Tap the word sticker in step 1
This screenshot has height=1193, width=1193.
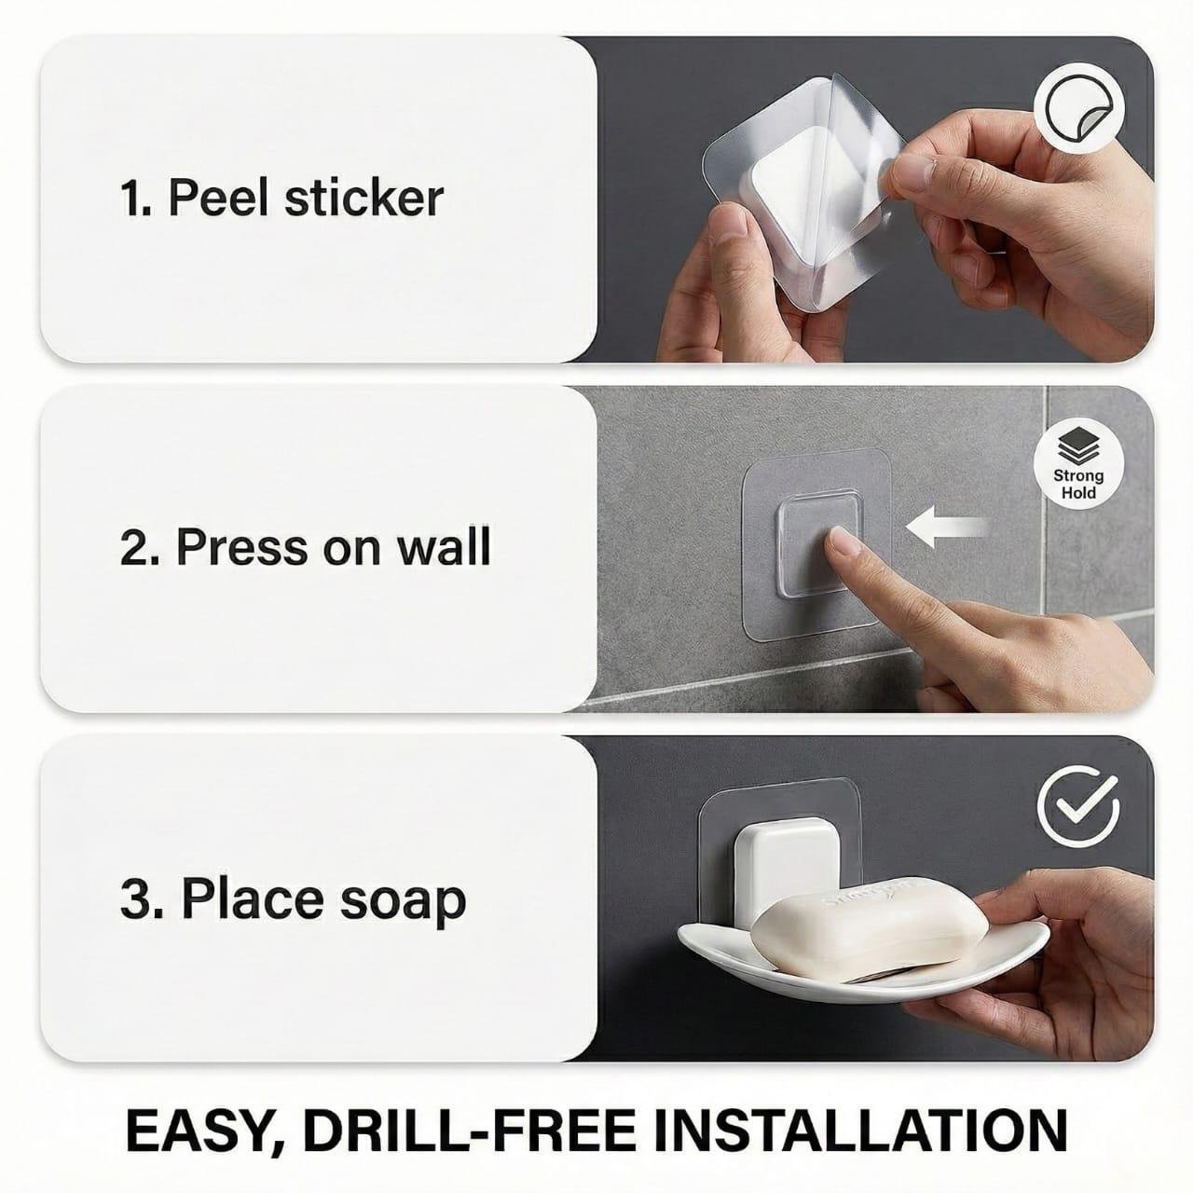364,198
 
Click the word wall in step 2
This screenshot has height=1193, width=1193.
444,546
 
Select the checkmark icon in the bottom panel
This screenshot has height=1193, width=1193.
1078,805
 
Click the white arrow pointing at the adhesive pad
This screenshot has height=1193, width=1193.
947,528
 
